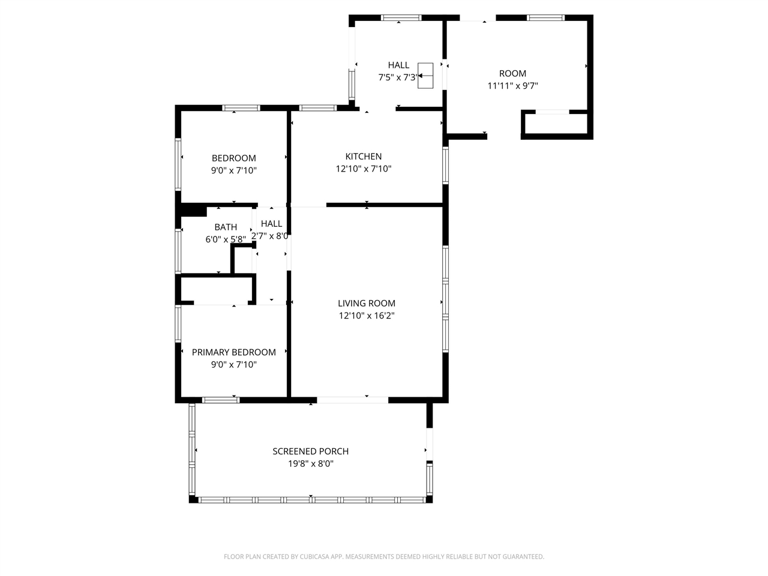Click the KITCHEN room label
point(363,157)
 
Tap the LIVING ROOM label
point(366,304)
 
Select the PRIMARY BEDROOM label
point(233,352)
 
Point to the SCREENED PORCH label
point(310,451)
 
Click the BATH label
point(226,227)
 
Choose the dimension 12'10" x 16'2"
point(366,316)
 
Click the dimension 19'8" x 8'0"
point(310,464)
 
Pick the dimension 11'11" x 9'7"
point(512,86)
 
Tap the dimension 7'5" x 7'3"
point(397,77)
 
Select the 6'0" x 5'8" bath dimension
point(226,239)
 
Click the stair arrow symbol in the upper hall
point(425,76)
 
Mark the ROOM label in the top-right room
point(512,73)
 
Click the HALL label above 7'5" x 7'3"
point(398,65)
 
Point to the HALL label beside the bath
point(271,224)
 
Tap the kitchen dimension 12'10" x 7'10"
point(363,169)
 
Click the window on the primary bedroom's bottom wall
point(221,400)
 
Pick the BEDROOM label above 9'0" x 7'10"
point(233,158)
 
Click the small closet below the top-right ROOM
point(556,124)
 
